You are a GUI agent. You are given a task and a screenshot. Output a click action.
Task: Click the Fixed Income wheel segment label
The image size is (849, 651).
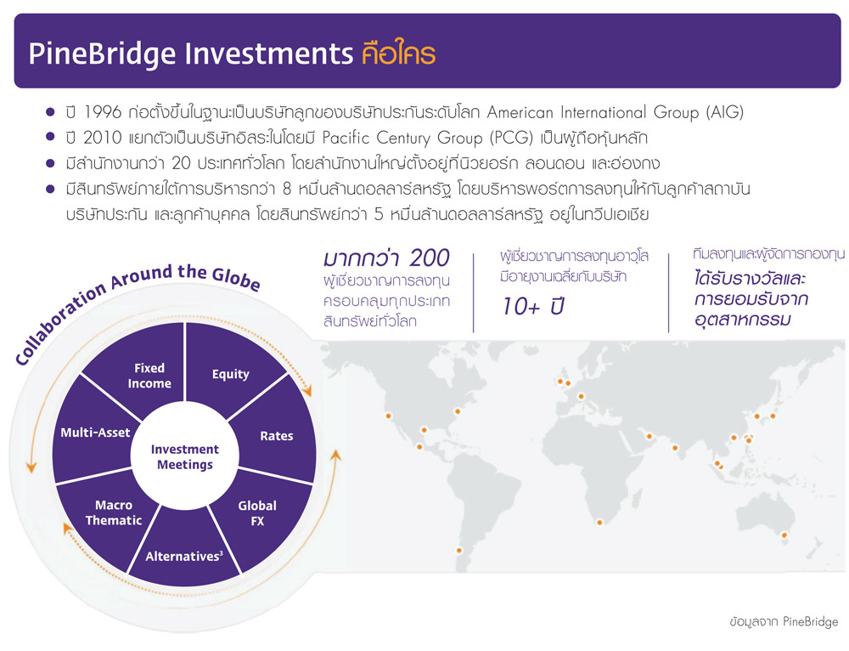pyautogui.click(x=149, y=376)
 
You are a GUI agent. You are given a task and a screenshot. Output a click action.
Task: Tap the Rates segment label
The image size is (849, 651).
pyautogui.click(x=276, y=436)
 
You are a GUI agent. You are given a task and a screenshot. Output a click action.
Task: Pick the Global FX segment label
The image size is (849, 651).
pyautogui.click(x=257, y=513)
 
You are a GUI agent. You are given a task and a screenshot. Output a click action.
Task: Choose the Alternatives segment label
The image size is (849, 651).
pyautogui.click(x=184, y=556)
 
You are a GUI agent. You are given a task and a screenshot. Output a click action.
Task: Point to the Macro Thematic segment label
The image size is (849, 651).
pyautogui.click(x=114, y=512)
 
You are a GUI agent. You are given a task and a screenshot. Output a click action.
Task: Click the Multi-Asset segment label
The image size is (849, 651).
pyautogui.click(x=95, y=433)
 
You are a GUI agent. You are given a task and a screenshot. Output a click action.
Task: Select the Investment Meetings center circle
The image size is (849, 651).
pyautogui.click(x=184, y=456)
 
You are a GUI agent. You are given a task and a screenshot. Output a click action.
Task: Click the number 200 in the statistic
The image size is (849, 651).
pyautogui.click(x=430, y=258)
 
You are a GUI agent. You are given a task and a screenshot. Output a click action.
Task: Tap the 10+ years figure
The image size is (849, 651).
pyautogui.click(x=533, y=307)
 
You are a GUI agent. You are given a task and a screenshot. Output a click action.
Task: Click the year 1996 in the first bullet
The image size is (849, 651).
pyautogui.click(x=103, y=112)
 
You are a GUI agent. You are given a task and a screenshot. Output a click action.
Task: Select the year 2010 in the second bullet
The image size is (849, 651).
pyautogui.click(x=103, y=138)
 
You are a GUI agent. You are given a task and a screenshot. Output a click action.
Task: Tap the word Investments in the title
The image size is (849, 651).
pyautogui.click(x=269, y=54)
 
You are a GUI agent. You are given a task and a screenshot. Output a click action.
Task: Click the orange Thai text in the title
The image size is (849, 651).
pyautogui.click(x=398, y=53)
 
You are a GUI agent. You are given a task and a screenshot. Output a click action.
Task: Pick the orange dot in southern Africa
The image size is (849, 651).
pyautogui.click(x=599, y=523)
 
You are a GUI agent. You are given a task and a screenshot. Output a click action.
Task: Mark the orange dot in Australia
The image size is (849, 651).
pyautogui.click(x=784, y=535)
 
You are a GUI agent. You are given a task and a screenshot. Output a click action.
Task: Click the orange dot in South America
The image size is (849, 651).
pyautogui.click(x=459, y=550)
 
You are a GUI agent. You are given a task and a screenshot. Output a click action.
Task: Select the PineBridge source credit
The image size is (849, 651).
pyautogui.click(x=784, y=621)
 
